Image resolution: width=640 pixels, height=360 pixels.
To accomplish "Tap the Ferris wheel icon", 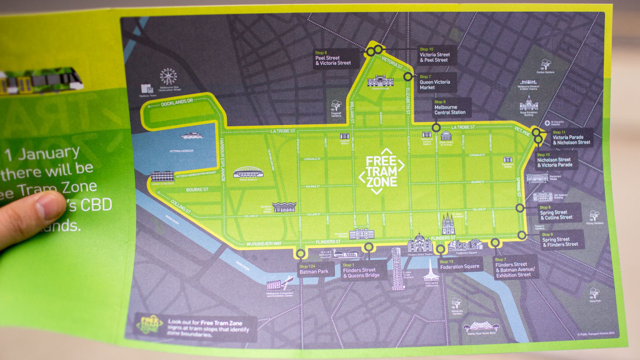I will pyautogui.click(x=168, y=76).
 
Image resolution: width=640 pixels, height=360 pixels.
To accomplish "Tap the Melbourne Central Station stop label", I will pyautogui.click(x=450, y=109).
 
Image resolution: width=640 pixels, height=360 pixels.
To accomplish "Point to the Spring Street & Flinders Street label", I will pyautogui.click(x=559, y=241).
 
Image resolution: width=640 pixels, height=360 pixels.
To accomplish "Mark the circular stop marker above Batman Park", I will pyautogui.click(x=301, y=254).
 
